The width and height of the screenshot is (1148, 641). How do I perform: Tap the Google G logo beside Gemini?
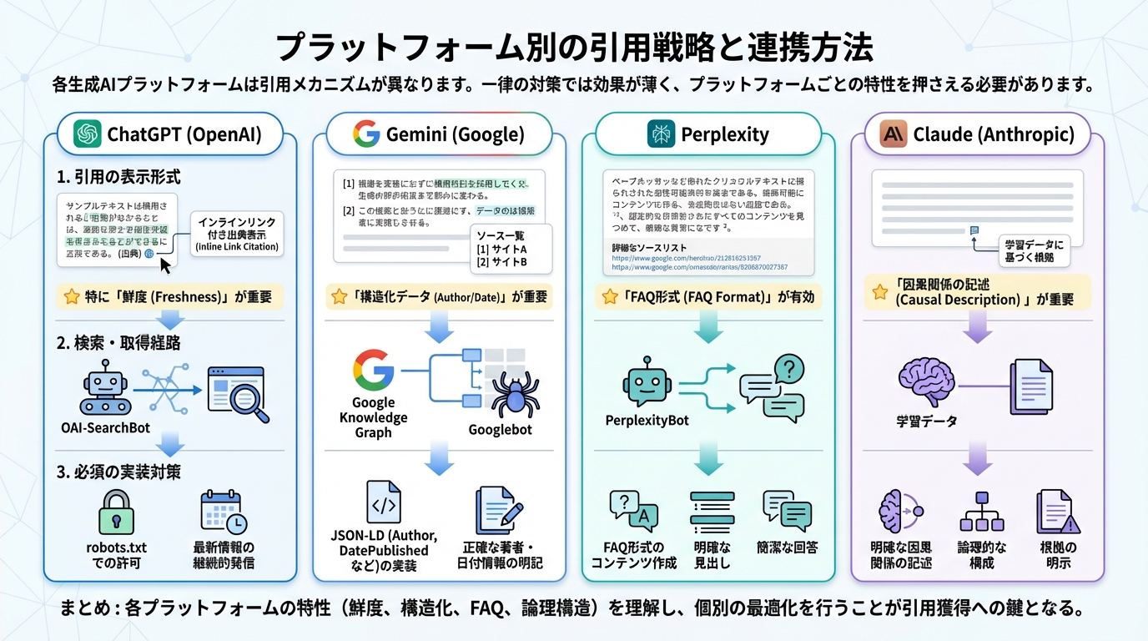pyautogui.click(x=365, y=134)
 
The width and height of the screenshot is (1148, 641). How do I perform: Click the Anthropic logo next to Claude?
pyautogui.click(x=894, y=134)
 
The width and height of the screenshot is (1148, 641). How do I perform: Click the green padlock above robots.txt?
pyautogui.click(x=116, y=512)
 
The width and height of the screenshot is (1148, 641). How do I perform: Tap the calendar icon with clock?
pyautogui.click(x=223, y=512)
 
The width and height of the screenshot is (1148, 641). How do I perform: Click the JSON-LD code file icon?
pyautogui.click(x=384, y=502)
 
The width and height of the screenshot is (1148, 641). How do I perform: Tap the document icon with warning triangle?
pyautogui.click(x=1057, y=512)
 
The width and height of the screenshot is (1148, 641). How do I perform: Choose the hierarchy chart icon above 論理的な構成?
pyautogui.click(x=981, y=511)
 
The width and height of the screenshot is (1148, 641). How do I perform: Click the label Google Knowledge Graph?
pyautogui.click(x=373, y=417)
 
